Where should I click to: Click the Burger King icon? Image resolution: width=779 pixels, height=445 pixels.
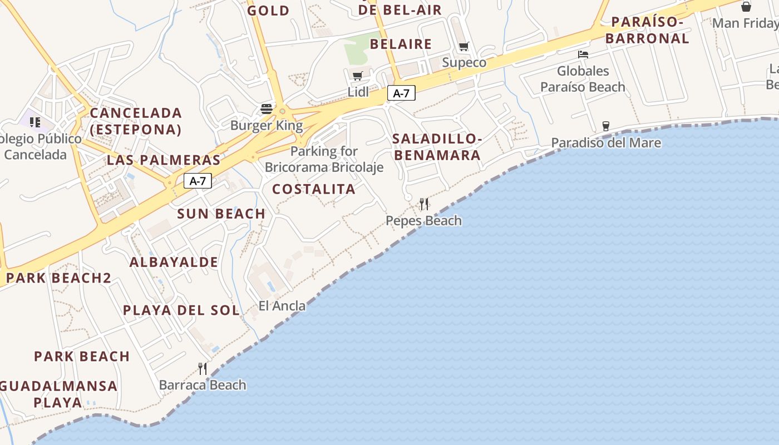pyautogui.click(x=267, y=108)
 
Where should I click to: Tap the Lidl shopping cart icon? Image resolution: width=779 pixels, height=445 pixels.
pyautogui.click(x=357, y=76)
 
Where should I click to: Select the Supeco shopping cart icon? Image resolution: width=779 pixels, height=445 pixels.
pyautogui.click(x=464, y=46)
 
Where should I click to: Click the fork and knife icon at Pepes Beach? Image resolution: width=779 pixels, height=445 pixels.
pyautogui.click(x=424, y=204)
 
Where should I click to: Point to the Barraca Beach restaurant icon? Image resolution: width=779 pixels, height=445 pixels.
pyautogui.click(x=203, y=368)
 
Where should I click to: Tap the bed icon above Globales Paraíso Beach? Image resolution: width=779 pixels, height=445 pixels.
pyautogui.click(x=583, y=54)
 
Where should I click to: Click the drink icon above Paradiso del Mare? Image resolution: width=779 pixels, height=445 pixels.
pyautogui.click(x=606, y=126)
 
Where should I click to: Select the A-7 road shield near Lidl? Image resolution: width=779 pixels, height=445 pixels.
pyautogui.click(x=401, y=93)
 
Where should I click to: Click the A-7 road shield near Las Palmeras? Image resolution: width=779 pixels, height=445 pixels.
pyautogui.click(x=198, y=181)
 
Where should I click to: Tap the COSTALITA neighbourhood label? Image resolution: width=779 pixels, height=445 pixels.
pyautogui.click(x=314, y=189)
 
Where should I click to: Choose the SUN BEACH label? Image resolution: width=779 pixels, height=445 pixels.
pyautogui.click(x=221, y=214)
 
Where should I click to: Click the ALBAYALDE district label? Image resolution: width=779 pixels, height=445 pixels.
pyautogui.click(x=174, y=262)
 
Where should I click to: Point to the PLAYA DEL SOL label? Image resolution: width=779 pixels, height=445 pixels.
pyautogui.click(x=181, y=310)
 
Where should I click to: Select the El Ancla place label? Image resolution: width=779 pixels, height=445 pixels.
pyautogui.click(x=282, y=305)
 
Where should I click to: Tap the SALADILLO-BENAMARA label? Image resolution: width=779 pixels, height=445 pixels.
pyautogui.click(x=437, y=147)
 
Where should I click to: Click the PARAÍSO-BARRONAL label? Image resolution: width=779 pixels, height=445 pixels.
pyautogui.click(x=647, y=30)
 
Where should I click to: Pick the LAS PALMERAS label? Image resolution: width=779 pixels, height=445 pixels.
pyautogui.click(x=164, y=160)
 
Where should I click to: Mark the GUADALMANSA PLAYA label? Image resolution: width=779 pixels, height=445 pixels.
pyautogui.click(x=58, y=394)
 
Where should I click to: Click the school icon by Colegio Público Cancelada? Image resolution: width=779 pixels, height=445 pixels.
pyautogui.click(x=35, y=122)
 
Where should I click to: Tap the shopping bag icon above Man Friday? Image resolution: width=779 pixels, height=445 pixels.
pyautogui.click(x=746, y=7)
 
